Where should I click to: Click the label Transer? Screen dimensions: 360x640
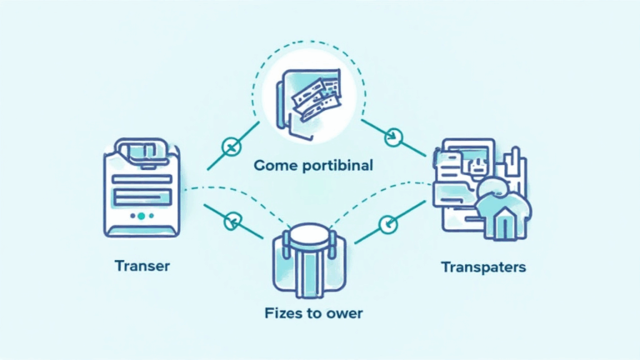coord(142,267)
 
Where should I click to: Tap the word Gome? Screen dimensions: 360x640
coord(277,165)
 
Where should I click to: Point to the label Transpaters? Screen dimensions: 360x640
coord(482,267)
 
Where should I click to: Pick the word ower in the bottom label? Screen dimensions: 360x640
coord(347,314)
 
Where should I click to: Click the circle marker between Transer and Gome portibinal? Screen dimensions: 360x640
coord(230,148)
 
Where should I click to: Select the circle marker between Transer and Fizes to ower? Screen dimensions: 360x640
coord(232,221)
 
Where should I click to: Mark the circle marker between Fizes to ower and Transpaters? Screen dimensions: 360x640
coord(385,223)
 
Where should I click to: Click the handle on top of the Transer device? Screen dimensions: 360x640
coord(141,152)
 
